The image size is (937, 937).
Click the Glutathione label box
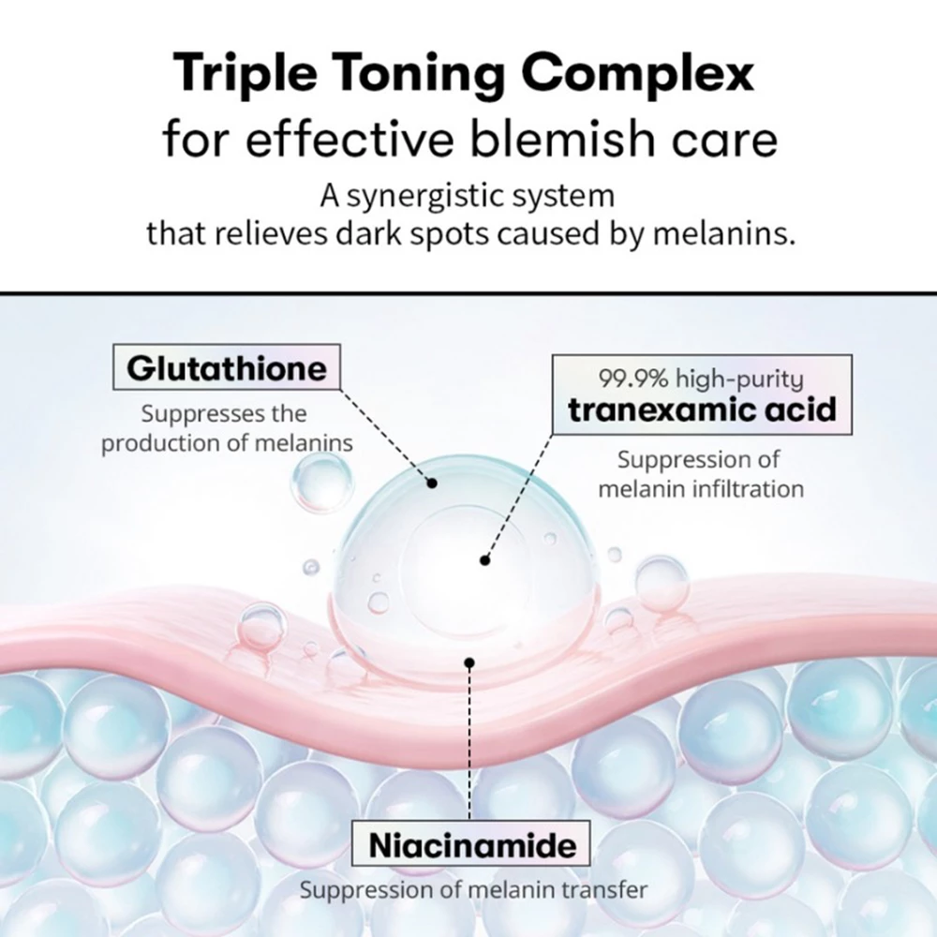click(226, 368)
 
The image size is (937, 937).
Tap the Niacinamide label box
click(472, 846)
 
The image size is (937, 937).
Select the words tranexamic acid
click(703, 409)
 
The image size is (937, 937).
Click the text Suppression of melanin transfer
click(472, 889)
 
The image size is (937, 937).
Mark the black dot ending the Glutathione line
click(433, 483)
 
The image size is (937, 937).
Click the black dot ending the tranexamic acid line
click(484, 560)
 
